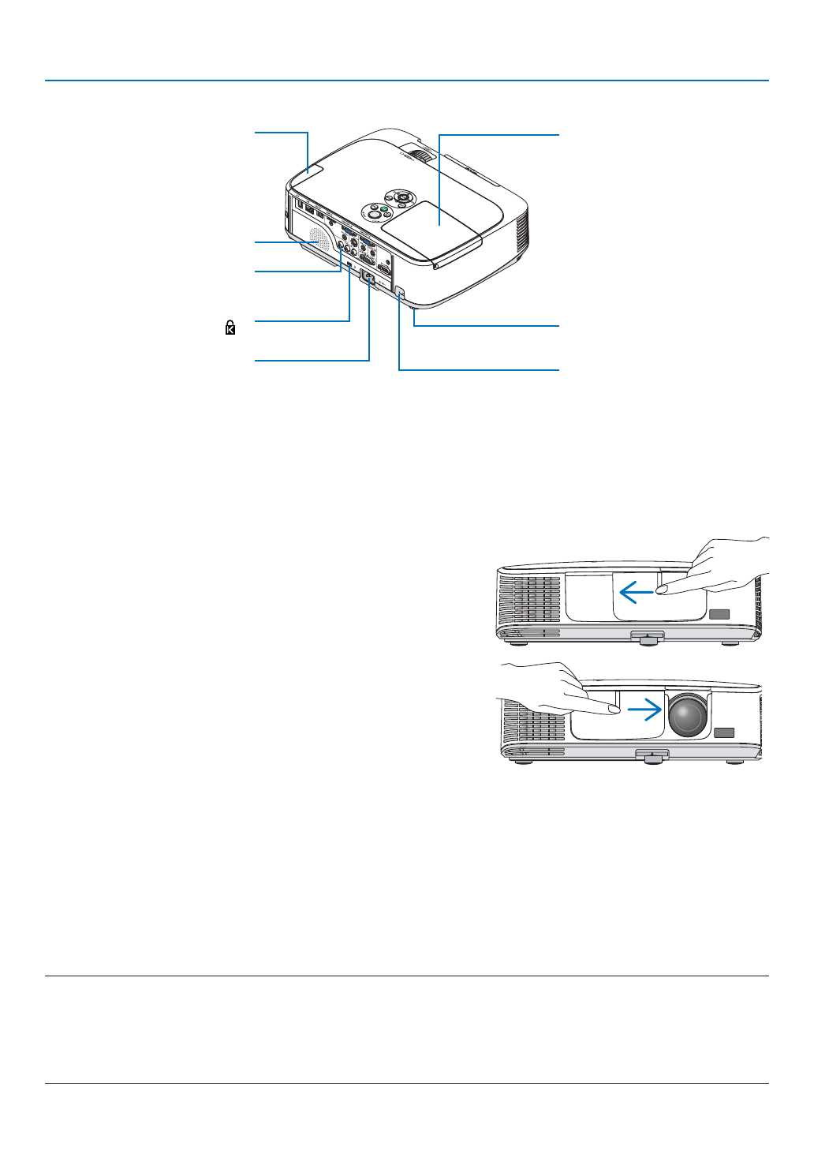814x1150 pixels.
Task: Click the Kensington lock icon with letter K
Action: pos(230,328)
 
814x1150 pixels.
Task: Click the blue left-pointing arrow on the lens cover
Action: pos(636,591)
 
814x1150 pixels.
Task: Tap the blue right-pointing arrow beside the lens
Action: pos(644,710)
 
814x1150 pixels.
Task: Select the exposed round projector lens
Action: pos(688,715)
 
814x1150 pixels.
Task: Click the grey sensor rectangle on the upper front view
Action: pos(719,614)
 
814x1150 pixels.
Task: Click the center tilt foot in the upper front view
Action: pos(648,637)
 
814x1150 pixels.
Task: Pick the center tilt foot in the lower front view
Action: pos(652,756)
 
